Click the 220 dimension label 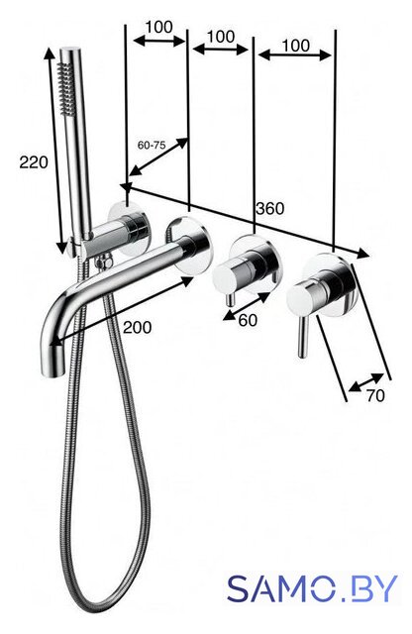(x=34, y=162)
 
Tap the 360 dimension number (x=269, y=209)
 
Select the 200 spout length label (x=137, y=327)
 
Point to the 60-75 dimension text (x=152, y=146)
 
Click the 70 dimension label (x=375, y=396)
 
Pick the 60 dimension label (x=248, y=320)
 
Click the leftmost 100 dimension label (x=158, y=27)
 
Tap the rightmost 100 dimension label (x=295, y=46)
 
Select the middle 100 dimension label (x=221, y=37)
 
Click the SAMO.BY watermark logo (x=312, y=588)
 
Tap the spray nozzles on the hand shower (x=66, y=86)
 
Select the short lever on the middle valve (x=230, y=298)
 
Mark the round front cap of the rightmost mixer (x=299, y=299)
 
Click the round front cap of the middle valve (x=225, y=276)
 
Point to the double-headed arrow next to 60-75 (x=158, y=157)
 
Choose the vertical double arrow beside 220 (x=55, y=151)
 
